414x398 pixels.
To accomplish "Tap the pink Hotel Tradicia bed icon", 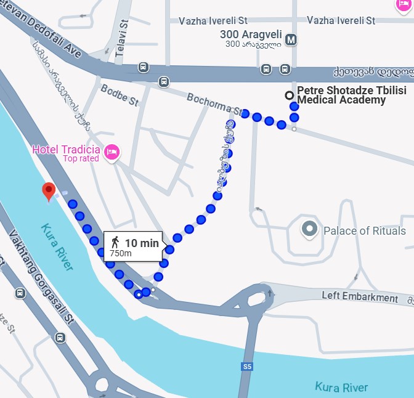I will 112,150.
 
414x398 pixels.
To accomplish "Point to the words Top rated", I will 81,158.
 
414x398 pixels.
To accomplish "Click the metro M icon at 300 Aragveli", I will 291,40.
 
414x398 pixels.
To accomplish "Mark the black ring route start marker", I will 288,95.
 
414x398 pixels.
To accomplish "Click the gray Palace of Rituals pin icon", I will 309,230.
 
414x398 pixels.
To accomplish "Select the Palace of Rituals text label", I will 365,231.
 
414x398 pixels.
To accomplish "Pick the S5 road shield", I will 247,367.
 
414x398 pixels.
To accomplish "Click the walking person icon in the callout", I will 115,243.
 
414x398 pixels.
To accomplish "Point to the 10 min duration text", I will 142,243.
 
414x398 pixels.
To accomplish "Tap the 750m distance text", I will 121,253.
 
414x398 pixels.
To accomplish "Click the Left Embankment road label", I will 360,297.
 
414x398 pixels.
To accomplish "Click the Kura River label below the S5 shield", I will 341,388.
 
